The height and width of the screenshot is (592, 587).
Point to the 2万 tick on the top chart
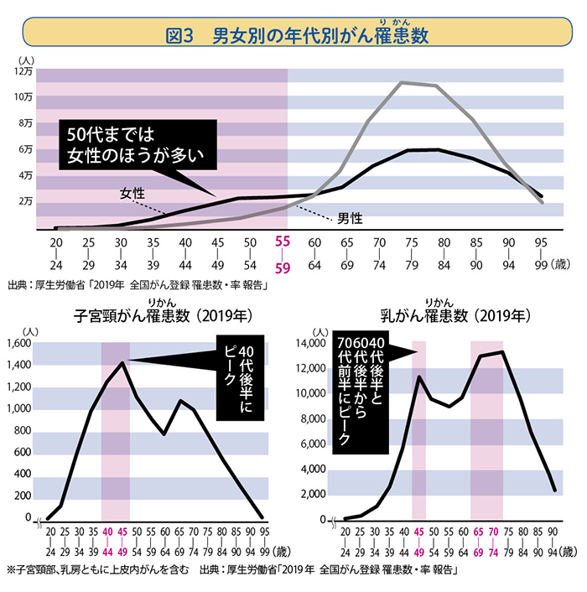click(x=25, y=202)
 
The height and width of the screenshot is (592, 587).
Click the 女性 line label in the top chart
click(x=132, y=193)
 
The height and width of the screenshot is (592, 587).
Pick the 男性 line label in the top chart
click(x=350, y=217)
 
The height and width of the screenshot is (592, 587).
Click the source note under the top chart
click(x=137, y=283)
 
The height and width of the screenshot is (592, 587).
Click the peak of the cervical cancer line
click(x=123, y=362)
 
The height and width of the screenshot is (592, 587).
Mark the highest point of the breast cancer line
click(x=501, y=351)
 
